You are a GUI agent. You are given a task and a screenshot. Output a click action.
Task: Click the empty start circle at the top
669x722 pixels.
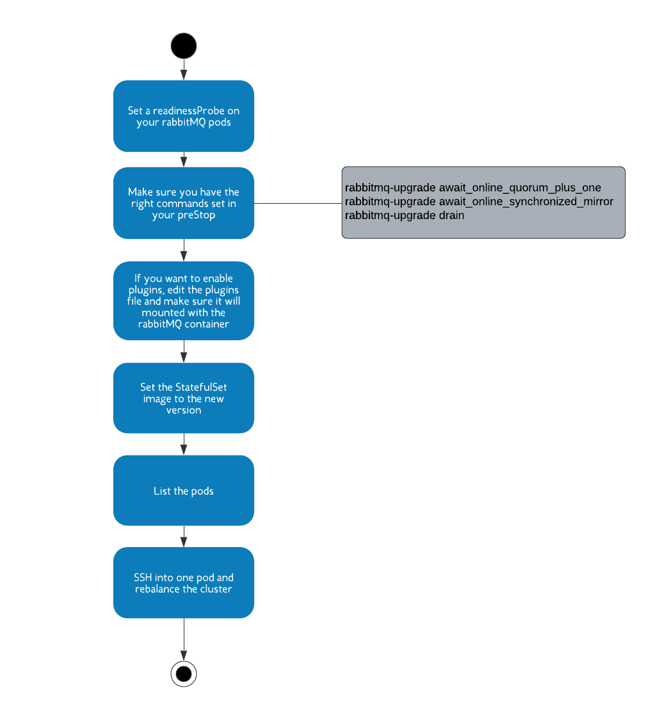coord(184,46)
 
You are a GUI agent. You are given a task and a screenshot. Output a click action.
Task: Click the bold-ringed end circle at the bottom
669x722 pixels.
coord(184,673)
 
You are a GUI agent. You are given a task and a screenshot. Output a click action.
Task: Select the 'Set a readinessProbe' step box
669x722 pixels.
coord(184,116)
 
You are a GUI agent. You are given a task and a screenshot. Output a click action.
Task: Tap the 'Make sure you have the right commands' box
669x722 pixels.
coord(184,203)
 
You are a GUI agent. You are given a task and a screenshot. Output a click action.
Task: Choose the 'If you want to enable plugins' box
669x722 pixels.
coord(184,300)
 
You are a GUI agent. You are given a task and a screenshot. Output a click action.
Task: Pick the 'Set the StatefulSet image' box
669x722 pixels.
coord(184,398)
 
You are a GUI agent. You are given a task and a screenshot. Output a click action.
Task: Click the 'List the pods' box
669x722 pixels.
coord(184,490)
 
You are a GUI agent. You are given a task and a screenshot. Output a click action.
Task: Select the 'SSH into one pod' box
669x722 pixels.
coord(184,582)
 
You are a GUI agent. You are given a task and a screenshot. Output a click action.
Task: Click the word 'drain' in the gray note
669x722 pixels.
coord(451,215)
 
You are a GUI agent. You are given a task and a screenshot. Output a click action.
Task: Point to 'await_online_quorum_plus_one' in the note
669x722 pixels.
coord(520,188)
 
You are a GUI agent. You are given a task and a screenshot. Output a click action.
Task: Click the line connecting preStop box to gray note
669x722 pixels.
coord(298,203)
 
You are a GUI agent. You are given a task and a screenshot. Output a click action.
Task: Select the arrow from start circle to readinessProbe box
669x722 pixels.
coord(184,69)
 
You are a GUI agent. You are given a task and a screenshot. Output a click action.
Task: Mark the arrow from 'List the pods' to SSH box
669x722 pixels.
coord(184,536)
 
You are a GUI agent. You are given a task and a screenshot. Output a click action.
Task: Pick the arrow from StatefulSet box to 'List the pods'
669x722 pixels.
coord(184,444)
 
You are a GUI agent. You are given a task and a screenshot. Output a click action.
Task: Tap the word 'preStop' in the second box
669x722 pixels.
coord(197,215)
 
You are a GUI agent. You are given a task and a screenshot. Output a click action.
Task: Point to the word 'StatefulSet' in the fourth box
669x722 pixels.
coord(201,387)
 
